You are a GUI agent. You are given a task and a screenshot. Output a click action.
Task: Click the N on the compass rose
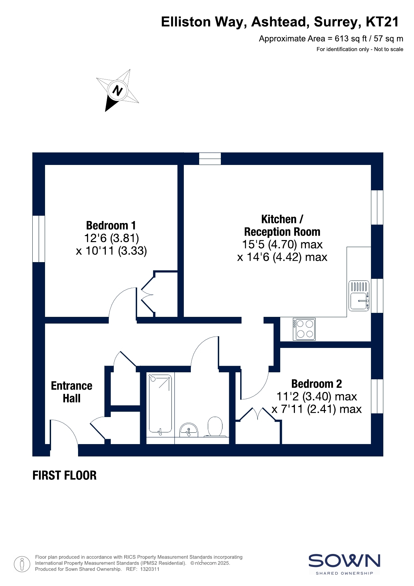click(x=117, y=90)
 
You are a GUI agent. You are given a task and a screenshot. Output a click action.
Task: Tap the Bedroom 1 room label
click(x=111, y=225)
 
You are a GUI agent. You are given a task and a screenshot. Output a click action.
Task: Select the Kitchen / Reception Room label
click(x=282, y=225)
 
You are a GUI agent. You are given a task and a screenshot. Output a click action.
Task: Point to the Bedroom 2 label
click(x=317, y=384)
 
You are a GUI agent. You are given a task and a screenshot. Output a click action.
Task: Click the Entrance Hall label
click(x=72, y=392)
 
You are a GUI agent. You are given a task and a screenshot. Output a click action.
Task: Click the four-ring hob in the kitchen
click(x=304, y=329)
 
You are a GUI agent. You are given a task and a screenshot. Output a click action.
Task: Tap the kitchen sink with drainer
click(x=359, y=296)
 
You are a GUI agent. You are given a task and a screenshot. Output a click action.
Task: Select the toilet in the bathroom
click(x=215, y=427)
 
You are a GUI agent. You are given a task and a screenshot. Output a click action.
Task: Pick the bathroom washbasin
click(x=188, y=430)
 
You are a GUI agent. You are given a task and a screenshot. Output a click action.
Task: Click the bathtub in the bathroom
click(x=160, y=405)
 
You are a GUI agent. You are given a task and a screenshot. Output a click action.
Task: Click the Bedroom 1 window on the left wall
click(x=39, y=239)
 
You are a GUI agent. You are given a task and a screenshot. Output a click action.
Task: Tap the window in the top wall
click(x=210, y=159)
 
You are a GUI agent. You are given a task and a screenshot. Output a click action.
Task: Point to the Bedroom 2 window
click(x=377, y=396)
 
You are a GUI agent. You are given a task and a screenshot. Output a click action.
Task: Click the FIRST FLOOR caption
click(x=64, y=475)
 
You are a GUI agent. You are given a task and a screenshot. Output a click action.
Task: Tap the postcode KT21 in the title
click(x=382, y=22)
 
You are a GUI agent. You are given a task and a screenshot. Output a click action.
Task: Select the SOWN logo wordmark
click(x=344, y=561)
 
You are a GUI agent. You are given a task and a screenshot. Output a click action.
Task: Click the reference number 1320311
click(x=150, y=569)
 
